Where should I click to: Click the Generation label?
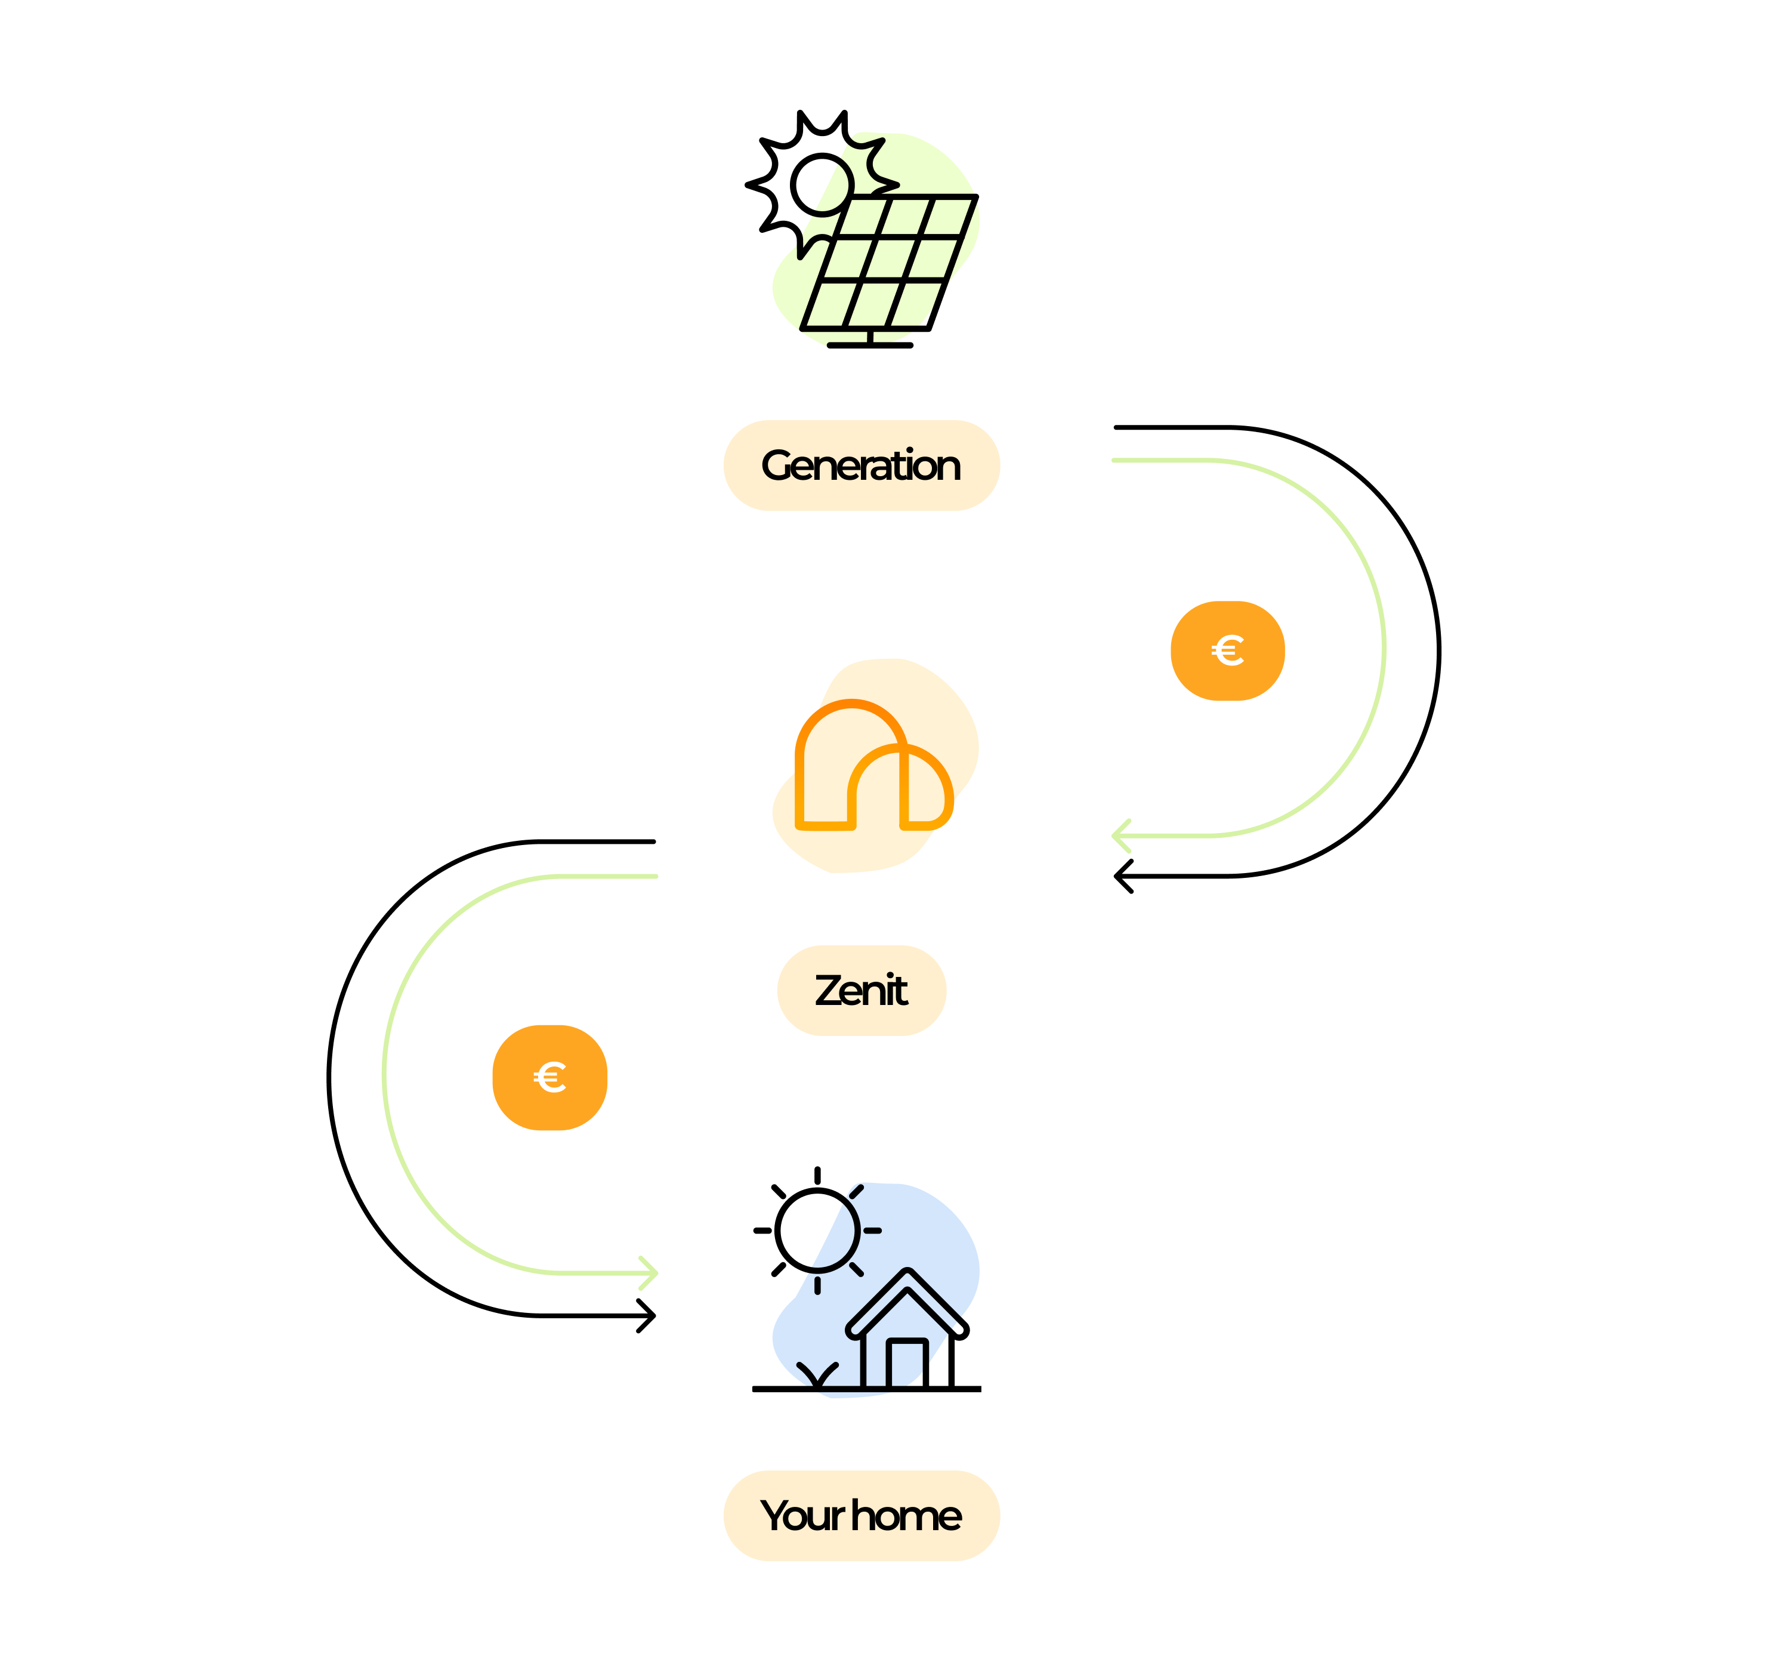861,465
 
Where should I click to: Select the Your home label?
861,1515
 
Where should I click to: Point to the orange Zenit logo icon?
873,766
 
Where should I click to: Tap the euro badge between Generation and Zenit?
1227,650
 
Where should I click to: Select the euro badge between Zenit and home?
549,1078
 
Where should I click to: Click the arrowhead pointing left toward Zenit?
1120,835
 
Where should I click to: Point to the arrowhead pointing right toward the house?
651,1273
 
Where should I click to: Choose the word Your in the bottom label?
801,1515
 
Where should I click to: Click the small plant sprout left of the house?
817,1376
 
